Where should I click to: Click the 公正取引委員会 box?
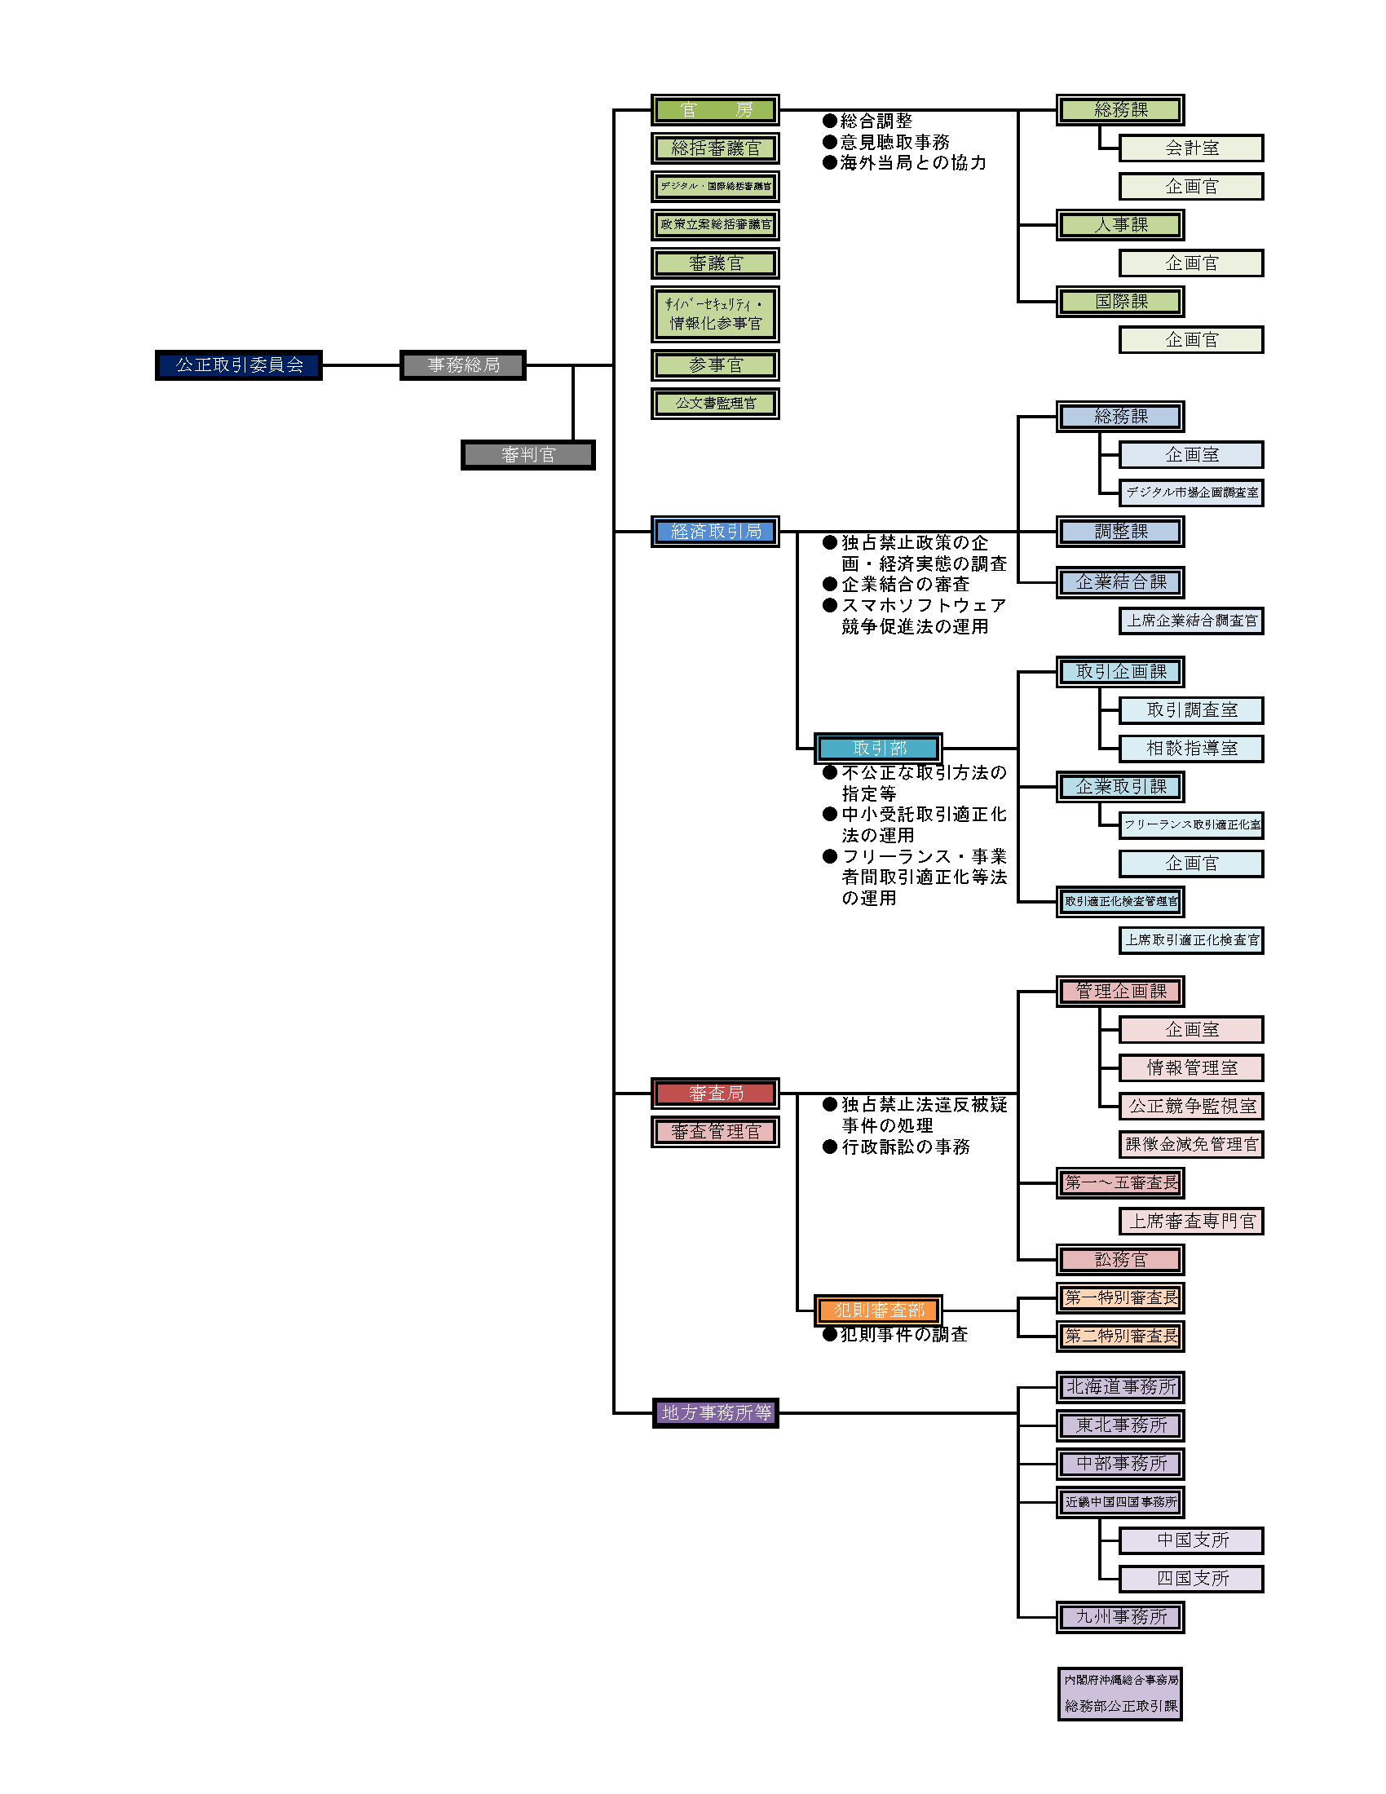pos(239,365)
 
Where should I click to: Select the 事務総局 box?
pos(463,365)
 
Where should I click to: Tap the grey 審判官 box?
pos(528,455)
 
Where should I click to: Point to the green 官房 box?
pos(715,110)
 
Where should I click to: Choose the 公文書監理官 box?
pos(715,404)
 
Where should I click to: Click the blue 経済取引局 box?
pos(715,532)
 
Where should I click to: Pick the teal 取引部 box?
pos(879,749)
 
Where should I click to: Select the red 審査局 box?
pos(715,1094)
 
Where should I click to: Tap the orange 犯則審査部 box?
pos(879,1310)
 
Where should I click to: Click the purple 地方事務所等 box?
pos(715,1413)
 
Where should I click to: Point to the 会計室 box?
pos(1191,148)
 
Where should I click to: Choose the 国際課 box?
pos(1121,302)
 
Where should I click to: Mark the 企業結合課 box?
pos(1121,582)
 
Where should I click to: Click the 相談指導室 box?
pos(1191,749)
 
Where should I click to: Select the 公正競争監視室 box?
pos(1191,1107)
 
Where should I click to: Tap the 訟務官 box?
pos(1121,1259)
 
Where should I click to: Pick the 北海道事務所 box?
pos(1121,1387)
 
